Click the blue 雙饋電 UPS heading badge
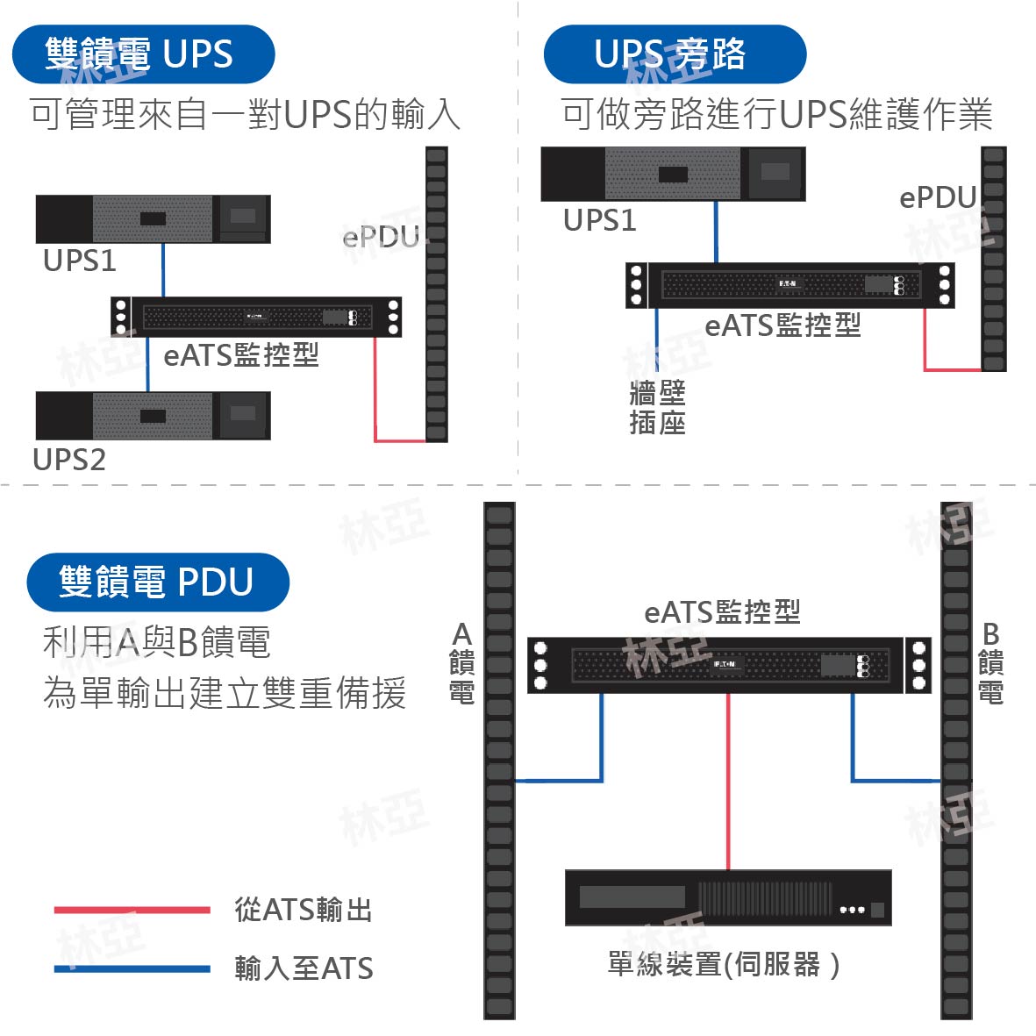pos(143,54)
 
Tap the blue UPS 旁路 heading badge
pos(675,54)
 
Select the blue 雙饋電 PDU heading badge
pos(158,582)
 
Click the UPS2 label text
pos(69,460)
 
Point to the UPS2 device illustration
pos(154,416)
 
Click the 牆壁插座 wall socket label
pos(657,408)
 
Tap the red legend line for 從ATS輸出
pos(132,910)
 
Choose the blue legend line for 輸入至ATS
pos(132,969)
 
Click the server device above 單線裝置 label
pos(728,898)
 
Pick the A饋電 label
pos(461,662)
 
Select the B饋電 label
pos(991,662)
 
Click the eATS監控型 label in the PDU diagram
pos(722,611)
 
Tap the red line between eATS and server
pos(728,782)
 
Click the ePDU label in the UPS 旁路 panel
pos(939,197)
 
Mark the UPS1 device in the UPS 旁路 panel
pos(673,174)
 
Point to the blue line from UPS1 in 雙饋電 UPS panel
pos(163,270)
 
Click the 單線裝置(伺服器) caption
pos(724,965)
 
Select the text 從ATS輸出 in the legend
pos(304,910)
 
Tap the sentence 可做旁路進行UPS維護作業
pos(776,114)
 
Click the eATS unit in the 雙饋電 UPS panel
pos(256,318)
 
